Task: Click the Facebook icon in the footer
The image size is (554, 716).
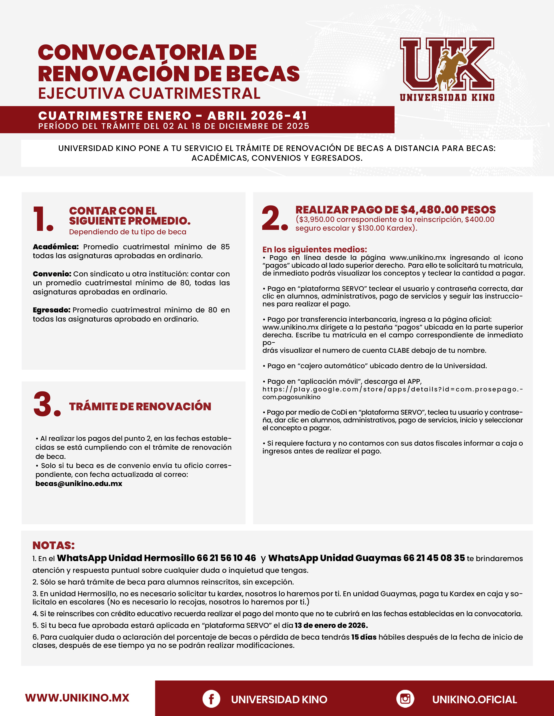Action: (211, 699)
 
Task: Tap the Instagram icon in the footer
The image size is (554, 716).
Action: (405, 699)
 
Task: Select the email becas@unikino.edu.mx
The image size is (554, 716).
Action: (79, 484)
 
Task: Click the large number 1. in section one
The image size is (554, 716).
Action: (43, 219)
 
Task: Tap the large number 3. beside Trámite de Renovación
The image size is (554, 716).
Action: (47, 404)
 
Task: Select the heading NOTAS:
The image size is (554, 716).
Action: (53, 545)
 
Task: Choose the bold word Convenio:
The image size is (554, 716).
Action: (52, 274)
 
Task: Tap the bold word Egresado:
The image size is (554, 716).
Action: (51, 310)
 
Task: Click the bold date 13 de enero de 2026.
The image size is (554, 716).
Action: (331, 625)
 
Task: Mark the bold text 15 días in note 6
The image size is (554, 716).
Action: (364, 637)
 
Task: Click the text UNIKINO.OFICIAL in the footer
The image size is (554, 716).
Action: (474, 700)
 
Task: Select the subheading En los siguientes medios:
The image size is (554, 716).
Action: (314, 250)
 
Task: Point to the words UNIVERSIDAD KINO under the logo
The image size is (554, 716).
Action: (447, 97)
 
